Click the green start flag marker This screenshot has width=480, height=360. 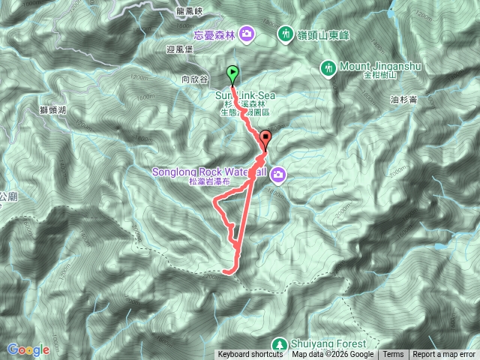[232, 74]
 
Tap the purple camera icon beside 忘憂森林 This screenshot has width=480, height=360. [247, 33]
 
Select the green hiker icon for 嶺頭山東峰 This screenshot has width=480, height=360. [285, 33]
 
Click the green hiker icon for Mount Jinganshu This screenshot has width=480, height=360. [328, 67]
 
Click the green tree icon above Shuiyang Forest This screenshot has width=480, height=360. [279, 343]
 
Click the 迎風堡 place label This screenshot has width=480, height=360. [180, 49]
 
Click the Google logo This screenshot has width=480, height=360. [28, 349]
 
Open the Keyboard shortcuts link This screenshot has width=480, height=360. [250, 355]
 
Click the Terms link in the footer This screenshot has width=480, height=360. [393, 355]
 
